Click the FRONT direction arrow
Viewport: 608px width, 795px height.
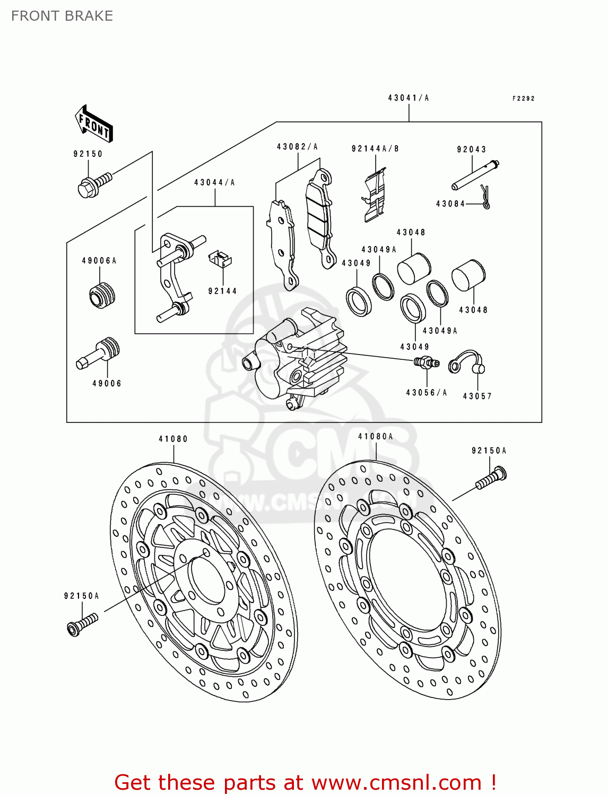click(x=93, y=124)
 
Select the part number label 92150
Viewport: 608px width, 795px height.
click(x=88, y=154)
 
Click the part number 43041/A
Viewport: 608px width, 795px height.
click(x=408, y=98)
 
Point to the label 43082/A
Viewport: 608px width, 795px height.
click(x=297, y=147)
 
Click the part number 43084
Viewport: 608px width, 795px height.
click(x=450, y=204)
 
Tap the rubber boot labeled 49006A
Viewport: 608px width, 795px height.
click(x=102, y=296)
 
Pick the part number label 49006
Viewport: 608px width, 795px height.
click(x=107, y=384)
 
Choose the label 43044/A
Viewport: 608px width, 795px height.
click(x=214, y=183)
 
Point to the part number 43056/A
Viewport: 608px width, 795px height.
click(x=427, y=393)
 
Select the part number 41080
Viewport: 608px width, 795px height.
click(x=173, y=439)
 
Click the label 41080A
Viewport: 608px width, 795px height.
click(x=376, y=437)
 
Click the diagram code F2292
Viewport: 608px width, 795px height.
click(x=523, y=99)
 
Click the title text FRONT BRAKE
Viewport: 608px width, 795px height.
click(x=62, y=16)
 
